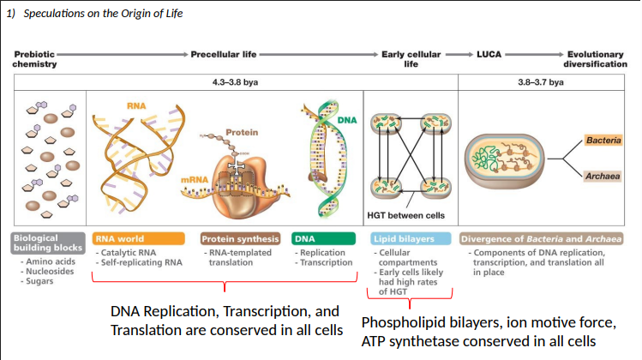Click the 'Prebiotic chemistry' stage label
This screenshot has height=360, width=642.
click(x=35, y=59)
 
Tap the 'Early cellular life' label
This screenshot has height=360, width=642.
click(x=411, y=59)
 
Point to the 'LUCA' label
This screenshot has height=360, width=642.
click(x=493, y=54)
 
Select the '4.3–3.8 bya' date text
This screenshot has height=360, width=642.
click(x=237, y=82)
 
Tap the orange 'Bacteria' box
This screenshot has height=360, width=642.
click(x=604, y=140)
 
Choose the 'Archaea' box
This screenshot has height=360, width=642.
click(x=604, y=177)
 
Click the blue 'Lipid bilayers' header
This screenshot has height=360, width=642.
click(x=410, y=237)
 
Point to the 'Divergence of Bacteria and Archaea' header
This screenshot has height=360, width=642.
click(x=545, y=237)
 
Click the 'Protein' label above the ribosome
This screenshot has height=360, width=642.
click(x=241, y=133)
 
